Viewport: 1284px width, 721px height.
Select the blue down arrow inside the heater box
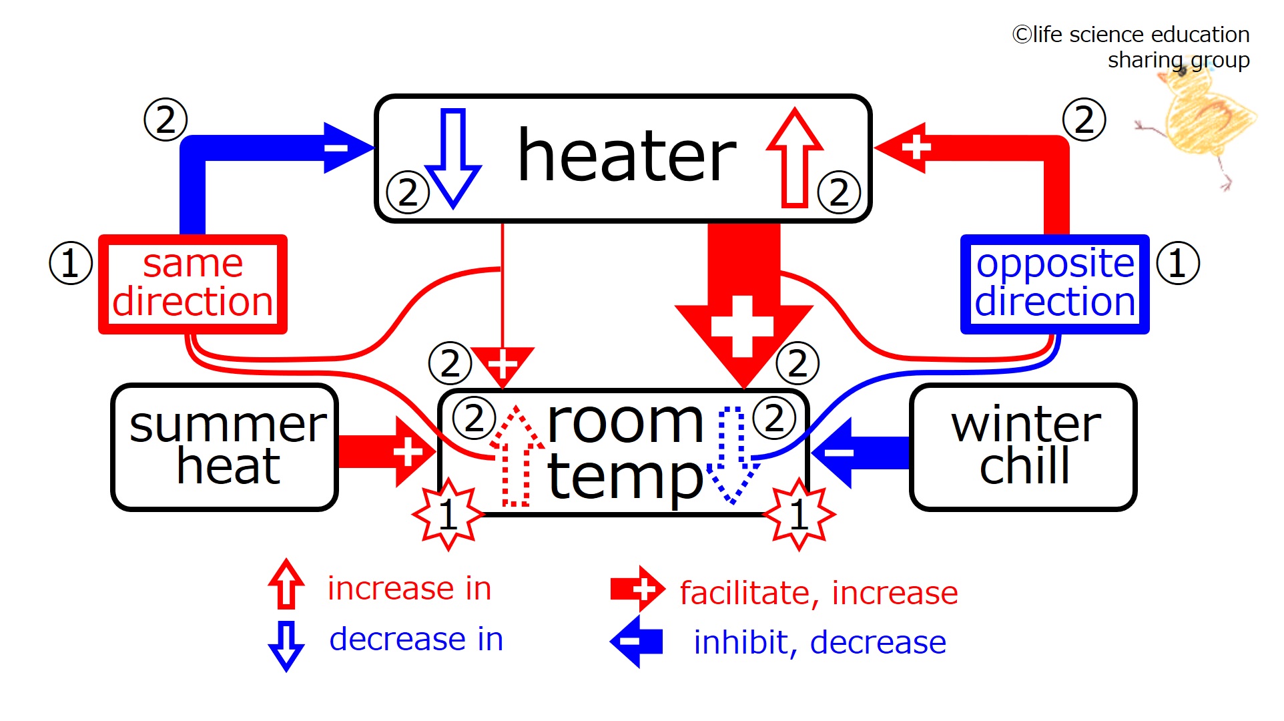[453, 159]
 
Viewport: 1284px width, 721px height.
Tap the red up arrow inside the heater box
[795, 158]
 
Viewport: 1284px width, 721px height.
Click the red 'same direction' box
[193, 284]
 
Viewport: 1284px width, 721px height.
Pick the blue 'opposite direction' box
[1054, 284]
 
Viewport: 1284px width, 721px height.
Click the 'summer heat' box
[225, 447]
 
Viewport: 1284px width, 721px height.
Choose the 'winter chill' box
[1023, 447]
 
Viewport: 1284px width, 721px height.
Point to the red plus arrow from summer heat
[387, 452]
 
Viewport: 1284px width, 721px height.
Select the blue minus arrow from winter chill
[860, 453]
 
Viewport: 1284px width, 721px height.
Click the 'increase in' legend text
[409, 588]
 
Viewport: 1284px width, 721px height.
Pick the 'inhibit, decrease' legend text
[820, 642]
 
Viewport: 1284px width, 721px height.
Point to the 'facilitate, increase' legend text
[819, 593]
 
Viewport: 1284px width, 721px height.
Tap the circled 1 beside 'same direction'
[71, 263]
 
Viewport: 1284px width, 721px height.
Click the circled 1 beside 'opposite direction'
[1178, 263]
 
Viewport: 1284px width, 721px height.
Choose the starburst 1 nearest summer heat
[448, 514]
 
